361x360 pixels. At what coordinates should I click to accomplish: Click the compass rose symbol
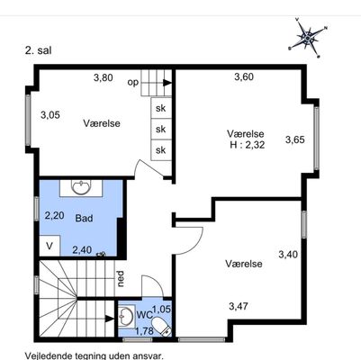pyautogui.click(x=308, y=37)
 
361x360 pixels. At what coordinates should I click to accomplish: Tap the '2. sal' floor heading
pyautogui.click(x=39, y=50)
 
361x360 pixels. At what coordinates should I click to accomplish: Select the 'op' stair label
pyautogui.click(x=133, y=82)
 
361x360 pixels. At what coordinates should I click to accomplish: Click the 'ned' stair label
pyautogui.click(x=121, y=279)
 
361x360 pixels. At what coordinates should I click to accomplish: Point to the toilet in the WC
pyautogui.click(x=161, y=327)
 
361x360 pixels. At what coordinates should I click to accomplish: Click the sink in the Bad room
pyautogui.click(x=81, y=187)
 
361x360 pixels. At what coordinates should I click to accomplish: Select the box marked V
pyautogui.click(x=50, y=246)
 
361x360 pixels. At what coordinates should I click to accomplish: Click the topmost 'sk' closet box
pyautogui.click(x=161, y=108)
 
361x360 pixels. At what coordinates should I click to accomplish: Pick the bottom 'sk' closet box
pyautogui.click(x=161, y=150)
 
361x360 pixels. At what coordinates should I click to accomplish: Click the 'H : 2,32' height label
pyautogui.click(x=248, y=145)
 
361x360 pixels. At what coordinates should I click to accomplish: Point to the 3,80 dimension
pyautogui.click(x=104, y=77)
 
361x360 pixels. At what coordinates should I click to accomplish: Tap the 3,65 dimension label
pyautogui.click(x=295, y=139)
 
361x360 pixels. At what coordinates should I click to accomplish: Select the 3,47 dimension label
pyautogui.click(x=239, y=306)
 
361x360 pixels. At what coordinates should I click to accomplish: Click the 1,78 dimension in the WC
pyautogui.click(x=145, y=331)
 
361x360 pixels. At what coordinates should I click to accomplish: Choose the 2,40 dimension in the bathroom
pyautogui.click(x=82, y=249)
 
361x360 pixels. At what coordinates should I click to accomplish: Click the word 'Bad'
pyautogui.click(x=84, y=218)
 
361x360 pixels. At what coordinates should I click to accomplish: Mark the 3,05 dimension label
pyautogui.click(x=50, y=114)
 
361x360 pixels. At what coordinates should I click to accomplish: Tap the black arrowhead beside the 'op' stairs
pyautogui.click(x=167, y=83)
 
